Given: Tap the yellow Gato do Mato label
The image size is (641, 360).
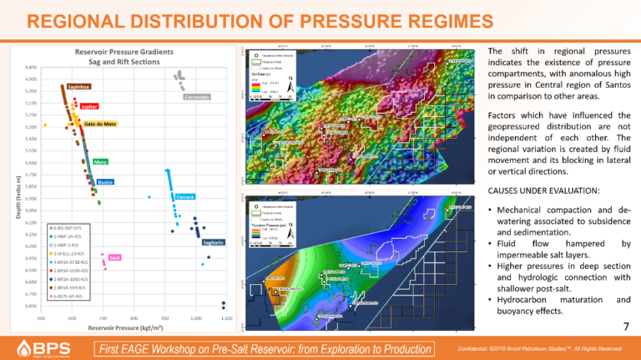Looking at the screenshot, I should [100, 124].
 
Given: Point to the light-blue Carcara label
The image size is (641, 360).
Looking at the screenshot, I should [185, 197].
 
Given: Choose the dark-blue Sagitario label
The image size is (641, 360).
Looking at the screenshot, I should [213, 242].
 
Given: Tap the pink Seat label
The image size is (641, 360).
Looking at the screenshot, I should [115, 257].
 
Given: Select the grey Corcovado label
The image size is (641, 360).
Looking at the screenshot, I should [196, 97].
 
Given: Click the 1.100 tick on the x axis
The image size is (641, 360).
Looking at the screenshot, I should [226, 318].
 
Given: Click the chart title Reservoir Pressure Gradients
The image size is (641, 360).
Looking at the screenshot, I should [129, 50].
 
